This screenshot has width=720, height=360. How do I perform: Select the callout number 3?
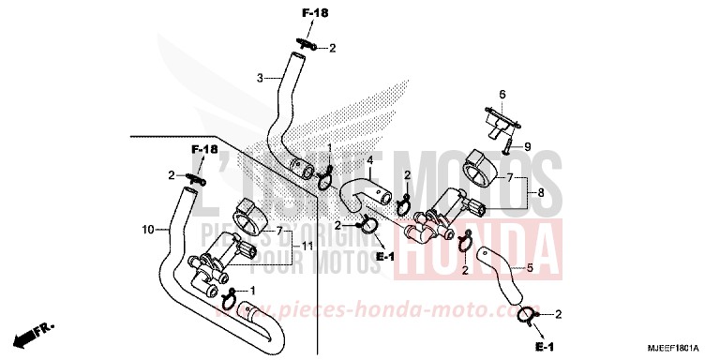click(x=260, y=78)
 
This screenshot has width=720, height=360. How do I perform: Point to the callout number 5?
click(x=529, y=267)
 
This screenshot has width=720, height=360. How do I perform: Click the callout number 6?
click(x=502, y=95)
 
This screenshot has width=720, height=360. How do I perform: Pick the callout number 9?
click(x=527, y=146)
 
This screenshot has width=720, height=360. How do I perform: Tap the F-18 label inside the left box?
click(x=204, y=150)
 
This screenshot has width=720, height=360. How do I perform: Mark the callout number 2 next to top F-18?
click(x=331, y=48)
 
